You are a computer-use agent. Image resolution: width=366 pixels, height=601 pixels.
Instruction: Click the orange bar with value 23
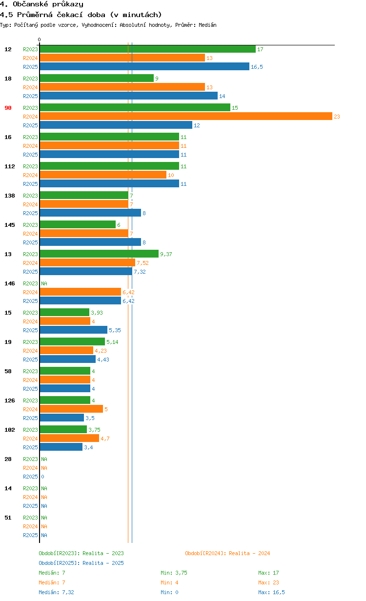(x=185, y=116)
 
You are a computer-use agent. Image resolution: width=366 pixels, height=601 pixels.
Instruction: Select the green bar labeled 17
(x=147, y=49)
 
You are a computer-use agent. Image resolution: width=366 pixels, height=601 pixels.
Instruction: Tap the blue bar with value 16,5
(x=144, y=67)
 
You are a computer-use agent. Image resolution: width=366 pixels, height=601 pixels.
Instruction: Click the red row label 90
(x=8, y=108)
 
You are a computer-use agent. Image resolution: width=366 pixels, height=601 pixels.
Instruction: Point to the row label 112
(x=10, y=166)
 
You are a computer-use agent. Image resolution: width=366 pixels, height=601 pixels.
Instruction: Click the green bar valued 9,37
(x=99, y=254)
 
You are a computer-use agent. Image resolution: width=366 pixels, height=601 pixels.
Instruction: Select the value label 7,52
(x=142, y=263)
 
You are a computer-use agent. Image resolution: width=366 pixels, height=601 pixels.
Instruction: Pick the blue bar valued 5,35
(x=73, y=330)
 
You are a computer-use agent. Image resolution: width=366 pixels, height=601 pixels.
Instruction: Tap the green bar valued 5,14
(x=72, y=342)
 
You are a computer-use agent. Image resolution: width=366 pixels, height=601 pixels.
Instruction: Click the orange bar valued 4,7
(x=69, y=439)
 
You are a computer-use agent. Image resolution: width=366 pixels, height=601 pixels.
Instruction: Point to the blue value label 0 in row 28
(x=42, y=477)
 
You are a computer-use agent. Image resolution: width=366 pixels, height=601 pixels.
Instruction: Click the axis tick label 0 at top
(x=40, y=40)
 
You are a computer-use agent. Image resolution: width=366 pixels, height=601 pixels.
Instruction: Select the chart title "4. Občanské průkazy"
(x=41, y=4)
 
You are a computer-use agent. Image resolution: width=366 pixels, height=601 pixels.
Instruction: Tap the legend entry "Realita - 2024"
(x=227, y=553)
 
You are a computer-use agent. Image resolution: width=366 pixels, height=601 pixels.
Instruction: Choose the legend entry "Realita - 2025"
(x=81, y=563)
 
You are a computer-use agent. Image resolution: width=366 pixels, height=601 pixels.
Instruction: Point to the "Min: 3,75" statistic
(x=174, y=573)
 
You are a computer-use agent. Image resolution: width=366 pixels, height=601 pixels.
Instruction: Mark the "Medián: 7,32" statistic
(x=56, y=592)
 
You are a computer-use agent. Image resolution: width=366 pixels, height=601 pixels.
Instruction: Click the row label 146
(x=10, y=283)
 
